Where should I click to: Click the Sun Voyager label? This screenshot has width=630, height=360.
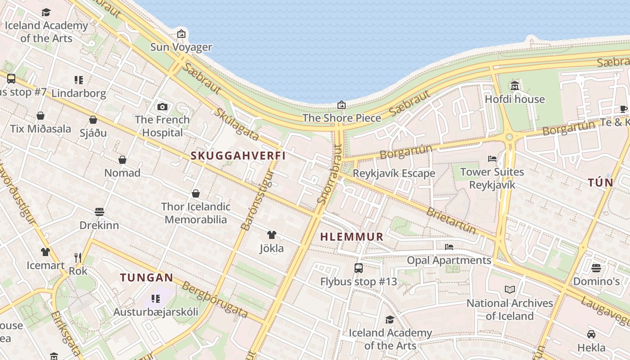(181, 47)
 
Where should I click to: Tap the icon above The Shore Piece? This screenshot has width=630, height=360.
(342, 105)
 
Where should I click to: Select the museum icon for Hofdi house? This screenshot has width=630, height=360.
(515, 85)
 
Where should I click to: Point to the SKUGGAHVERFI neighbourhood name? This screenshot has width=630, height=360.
(238, 156)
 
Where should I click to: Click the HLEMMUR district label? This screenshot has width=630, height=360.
(351, 237)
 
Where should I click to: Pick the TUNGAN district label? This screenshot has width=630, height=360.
(146, 278)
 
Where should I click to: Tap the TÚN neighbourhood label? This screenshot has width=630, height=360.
(600, 183)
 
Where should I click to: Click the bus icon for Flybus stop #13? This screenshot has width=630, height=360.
(359, 268)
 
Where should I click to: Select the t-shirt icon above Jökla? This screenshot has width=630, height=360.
(272, 235)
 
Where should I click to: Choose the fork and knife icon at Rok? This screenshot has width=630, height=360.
(78, 258)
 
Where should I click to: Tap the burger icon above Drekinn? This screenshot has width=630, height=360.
(99, 211)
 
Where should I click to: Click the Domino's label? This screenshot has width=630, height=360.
(596, 282)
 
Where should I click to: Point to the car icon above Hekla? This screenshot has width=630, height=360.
(591, 334)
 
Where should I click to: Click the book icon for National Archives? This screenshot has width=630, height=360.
(509, 290)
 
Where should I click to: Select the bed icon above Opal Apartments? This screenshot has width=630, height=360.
(449, 247)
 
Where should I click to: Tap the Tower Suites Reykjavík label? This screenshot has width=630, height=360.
(492, 178)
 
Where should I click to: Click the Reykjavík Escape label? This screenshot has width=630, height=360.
(394, 173)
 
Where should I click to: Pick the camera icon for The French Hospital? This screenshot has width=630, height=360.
(162, 107)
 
